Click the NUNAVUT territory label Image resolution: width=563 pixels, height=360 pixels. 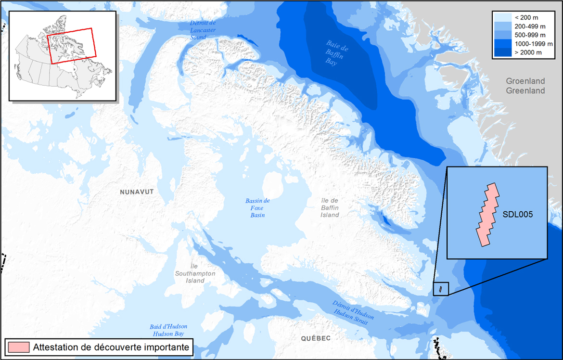[137, 192]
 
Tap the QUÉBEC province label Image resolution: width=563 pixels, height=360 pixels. [316, 338]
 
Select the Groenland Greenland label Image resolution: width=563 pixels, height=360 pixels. [525, 86]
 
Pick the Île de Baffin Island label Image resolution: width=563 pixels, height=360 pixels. [330, 207]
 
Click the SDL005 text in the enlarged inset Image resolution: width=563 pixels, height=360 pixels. [517, 215]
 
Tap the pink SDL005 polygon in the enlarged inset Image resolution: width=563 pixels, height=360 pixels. [488, 215]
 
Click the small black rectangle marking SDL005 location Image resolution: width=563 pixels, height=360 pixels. [441, 289]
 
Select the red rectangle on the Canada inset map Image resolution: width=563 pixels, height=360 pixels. [72, 46]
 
